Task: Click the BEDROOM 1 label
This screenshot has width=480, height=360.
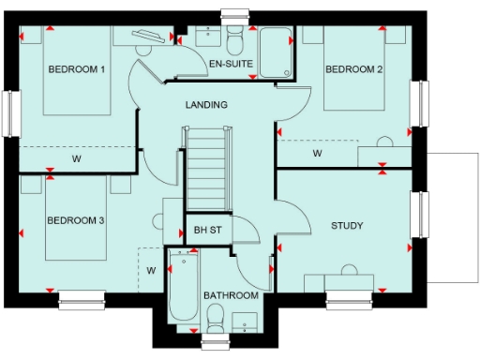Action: point(77,70)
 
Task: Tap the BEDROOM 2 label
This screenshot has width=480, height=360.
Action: point(354,70)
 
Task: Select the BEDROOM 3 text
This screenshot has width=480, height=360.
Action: point(75,220)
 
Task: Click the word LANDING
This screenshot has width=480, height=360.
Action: point(206,104)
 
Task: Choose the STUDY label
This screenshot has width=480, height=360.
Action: point(347,226)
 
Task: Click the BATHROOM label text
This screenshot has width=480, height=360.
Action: point(231,296)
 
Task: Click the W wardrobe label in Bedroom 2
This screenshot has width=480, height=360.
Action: point(317,153)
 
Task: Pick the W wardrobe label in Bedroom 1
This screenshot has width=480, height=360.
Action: point(77,159)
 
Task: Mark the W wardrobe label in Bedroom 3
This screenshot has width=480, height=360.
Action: point(149,271)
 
